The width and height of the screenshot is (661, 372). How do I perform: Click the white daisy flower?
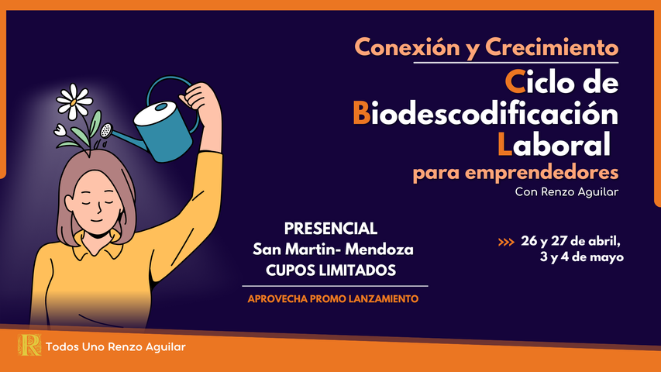[x=74, y=102]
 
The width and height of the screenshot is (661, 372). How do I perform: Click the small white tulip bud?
[x=60, y=129]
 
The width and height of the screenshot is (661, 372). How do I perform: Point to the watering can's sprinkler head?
[x=106, y=131]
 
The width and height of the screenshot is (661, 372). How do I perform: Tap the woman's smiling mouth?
[x=97, y=220]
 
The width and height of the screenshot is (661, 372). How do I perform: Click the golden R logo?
[x=29, y=345]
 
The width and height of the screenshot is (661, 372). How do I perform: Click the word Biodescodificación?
[x=486, y=113]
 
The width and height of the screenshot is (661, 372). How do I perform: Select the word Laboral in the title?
[x=554, y=144]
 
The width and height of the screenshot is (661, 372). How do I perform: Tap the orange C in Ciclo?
[x=515, y=81]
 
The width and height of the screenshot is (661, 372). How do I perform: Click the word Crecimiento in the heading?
[x=552, y=46]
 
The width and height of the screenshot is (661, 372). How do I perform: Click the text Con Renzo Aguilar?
[x=566, y=192]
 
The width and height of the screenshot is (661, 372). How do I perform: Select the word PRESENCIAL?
[x=331, y=229]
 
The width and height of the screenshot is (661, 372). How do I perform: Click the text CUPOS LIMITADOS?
[x=331, y=270]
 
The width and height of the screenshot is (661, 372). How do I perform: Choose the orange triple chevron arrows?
[x=506, y=242]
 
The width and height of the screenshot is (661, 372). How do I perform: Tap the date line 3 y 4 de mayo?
[x=582, y=257]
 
